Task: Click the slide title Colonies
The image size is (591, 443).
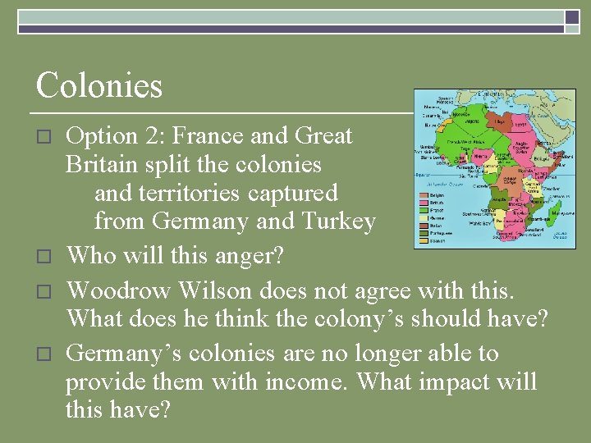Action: tap(99, 86)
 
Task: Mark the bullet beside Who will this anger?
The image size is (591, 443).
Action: tap(46, 257)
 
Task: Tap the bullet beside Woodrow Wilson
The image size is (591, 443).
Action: tap(46, 290)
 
